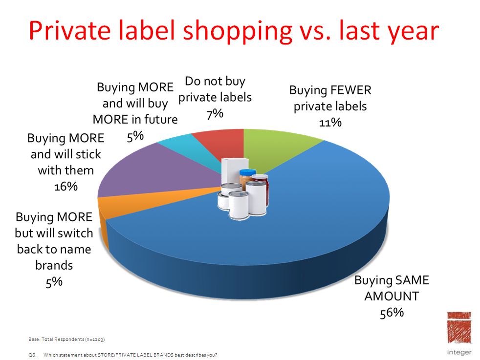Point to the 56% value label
coord(392,313)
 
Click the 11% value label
coord(330,123)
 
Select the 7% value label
coord(215,114)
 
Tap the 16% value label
coord(66,186)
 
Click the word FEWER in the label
coord(350,90)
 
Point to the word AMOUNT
coord(392,296)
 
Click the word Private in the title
coord(70,31)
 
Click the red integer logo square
coord(458,328)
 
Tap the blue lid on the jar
coord(248,172)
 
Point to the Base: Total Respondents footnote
coord(66,339)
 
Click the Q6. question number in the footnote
coord(32,355)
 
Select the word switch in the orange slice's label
coord(75,233)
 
